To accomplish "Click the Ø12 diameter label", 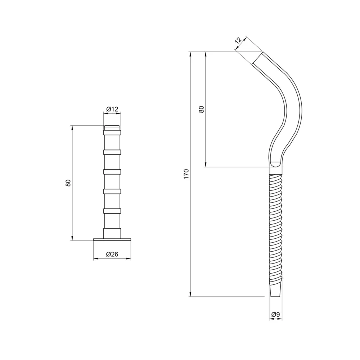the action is point(112,109).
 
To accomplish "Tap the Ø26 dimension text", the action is point(112,254).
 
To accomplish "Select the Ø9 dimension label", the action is point(275,314).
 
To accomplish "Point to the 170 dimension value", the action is point(186,174).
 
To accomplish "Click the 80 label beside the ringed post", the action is point(68,183).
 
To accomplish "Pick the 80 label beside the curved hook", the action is point(201,109).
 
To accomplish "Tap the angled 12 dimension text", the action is point(238,40).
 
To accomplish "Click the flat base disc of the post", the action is point(112,239).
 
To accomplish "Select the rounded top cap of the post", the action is point(112,128).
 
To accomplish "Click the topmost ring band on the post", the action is point(112,132).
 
